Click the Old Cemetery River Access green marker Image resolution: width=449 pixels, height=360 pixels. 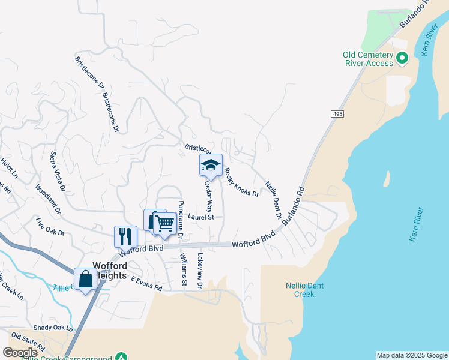[402, 59]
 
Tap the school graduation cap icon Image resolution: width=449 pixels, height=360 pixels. [211, 165]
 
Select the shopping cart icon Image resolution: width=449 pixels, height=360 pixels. [164, 223]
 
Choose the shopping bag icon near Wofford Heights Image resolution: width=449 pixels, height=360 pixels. [85, 279]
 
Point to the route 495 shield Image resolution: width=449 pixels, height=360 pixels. [336, 113]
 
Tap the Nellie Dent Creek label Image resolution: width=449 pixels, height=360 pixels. [304, 290]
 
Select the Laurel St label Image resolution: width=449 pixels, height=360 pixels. [200, 217]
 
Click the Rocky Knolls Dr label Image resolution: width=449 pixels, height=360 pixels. [241, 182]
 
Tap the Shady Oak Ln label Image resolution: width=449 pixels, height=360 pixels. [53, 328]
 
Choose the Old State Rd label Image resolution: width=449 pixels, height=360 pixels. [28, 341]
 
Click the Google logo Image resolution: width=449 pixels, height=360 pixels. [20, 353]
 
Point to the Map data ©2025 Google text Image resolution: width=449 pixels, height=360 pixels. [412, 355]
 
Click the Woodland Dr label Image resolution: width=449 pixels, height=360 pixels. [49, 200]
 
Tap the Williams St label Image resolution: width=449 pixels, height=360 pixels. [184, 269]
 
